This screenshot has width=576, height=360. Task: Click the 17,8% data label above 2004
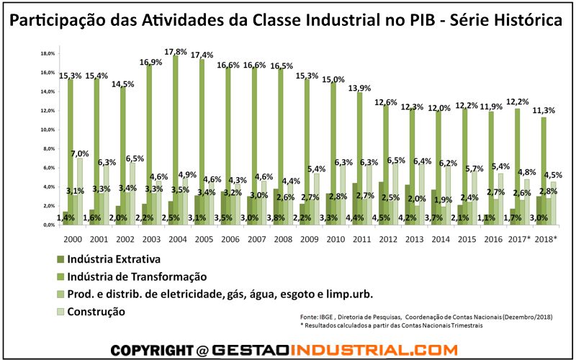click(176, 51)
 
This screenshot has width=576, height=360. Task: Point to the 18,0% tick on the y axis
click(48, 54)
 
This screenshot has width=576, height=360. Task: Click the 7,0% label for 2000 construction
click(79, 153)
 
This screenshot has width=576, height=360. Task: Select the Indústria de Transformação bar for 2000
click(71, 151)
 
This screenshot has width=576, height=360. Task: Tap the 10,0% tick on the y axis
click(48, 130)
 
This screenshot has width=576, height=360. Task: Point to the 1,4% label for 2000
click(64, 216)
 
